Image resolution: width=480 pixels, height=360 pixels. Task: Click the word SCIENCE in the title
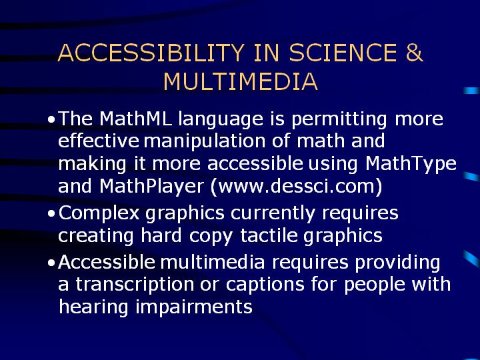(x=343, y=53)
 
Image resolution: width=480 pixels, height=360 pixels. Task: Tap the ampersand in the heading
(x=415, y=53)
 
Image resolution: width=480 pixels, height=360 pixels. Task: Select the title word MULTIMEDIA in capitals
(x=241, y=81)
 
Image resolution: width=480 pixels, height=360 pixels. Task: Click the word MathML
(x=135, y=118)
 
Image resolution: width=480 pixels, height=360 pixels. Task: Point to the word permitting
(x=339, y=120)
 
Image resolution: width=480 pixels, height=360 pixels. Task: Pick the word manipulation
(x=205, y=142)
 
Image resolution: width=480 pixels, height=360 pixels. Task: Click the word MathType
(x=411, y=165)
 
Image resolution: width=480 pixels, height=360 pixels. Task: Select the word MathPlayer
(x=151, y=187)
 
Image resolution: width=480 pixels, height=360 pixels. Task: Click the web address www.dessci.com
(x=296, y=186)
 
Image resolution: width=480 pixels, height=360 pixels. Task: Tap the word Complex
(x=99, y=214)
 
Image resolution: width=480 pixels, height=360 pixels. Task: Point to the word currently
(x=273, y=214)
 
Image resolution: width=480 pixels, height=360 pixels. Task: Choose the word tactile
(x=269, y=235)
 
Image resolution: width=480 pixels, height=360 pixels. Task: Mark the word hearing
(x=93, y=307)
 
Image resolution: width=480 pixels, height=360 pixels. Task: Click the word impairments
(x=194, y=307)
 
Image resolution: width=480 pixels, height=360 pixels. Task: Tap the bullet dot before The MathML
(x=51, y=120)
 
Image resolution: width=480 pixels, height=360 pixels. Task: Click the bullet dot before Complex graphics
(x=51, y=213)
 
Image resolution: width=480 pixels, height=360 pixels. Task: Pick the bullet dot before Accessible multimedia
(x=51, y=263)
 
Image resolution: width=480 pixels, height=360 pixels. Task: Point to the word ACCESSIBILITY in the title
(x=151, y=53)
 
